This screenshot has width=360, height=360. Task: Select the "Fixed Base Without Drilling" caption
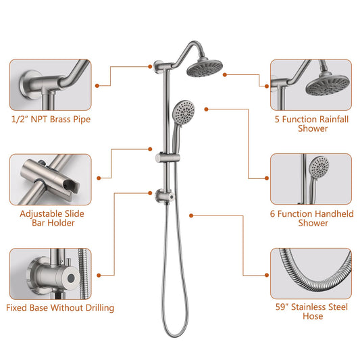click(60, 308)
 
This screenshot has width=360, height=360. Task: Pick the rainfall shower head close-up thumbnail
click(311, 85)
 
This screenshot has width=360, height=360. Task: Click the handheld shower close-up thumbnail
click(311, 179)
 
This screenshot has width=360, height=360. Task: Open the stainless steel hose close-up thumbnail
click(311, 273)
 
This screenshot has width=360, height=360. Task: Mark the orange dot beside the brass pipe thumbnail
click(98, 85)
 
